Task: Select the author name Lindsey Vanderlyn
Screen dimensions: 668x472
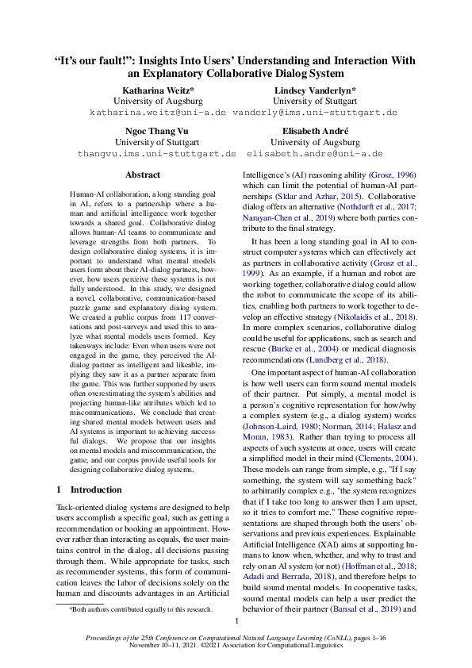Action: click(315, 90)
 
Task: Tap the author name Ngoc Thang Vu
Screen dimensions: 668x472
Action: click(157, 130)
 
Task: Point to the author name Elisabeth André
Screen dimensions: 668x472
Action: click(315, 130)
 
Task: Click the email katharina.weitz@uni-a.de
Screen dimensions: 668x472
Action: click(158, 113)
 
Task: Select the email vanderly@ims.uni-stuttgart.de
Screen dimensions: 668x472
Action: click(315, 113)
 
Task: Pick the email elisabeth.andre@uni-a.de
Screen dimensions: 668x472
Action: click(315, 153)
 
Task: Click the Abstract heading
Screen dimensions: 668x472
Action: click(143, 175)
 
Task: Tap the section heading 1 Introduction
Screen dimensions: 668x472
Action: click(90, 490)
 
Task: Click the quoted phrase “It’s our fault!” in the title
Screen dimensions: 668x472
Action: click(93, 60)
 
